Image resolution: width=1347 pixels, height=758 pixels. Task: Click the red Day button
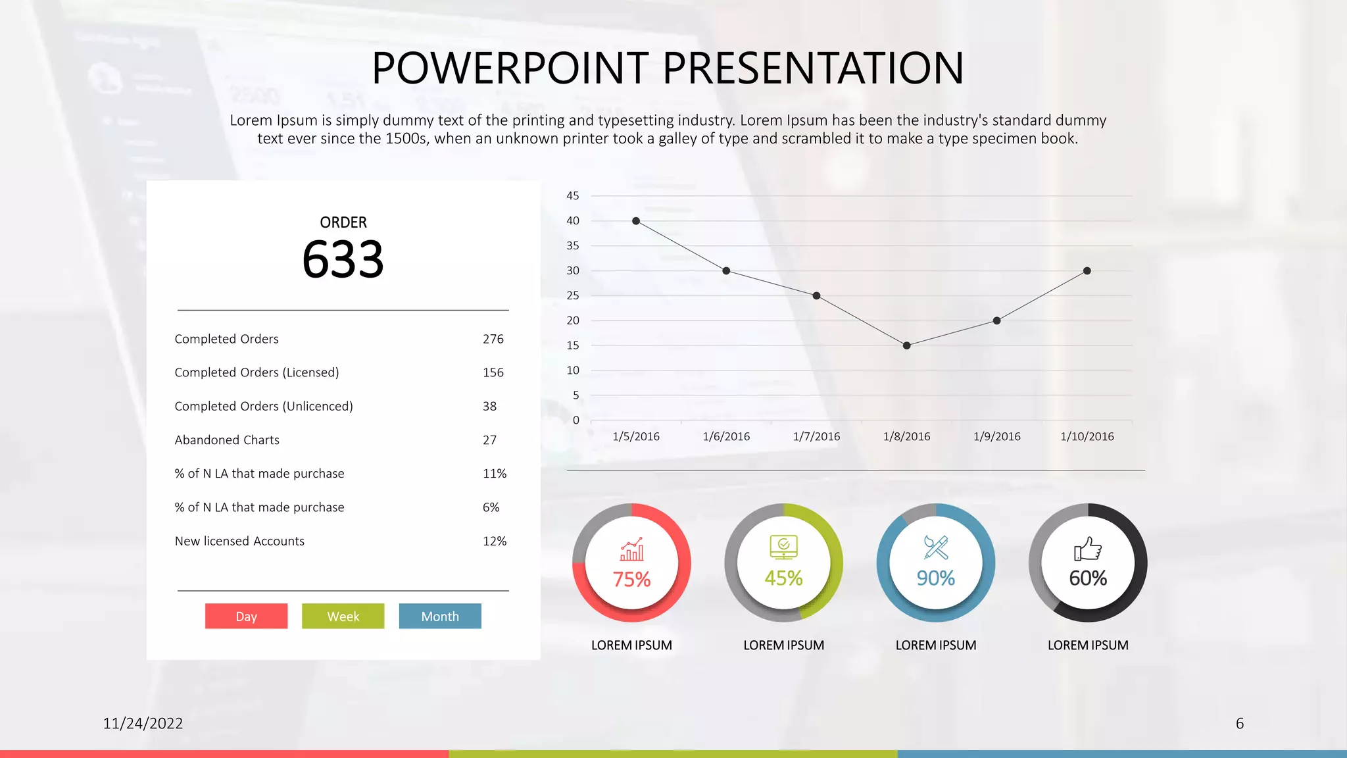click(246, 616)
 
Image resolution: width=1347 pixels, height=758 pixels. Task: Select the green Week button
click(343, 616)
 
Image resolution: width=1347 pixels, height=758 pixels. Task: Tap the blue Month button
click(440, 616)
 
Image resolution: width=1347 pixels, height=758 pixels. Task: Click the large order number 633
click(343, 259)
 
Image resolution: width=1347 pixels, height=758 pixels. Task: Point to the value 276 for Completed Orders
click(493, 339)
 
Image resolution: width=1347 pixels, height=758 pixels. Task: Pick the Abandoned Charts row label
click(227, 440)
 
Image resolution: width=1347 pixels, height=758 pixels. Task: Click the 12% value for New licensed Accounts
click(494, 541)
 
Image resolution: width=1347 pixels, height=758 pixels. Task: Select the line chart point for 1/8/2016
click(906, 345)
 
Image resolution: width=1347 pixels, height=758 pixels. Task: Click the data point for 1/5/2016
click(636, 221)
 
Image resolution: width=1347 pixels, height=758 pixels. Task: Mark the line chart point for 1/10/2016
click(1087, 271)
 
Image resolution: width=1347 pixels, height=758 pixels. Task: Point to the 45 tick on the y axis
click(573, 195)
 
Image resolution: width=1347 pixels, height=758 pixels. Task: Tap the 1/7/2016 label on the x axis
click(816, 436)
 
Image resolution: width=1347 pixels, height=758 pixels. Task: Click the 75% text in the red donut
click(631, 579)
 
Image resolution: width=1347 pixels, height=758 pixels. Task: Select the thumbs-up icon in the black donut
click(1088, 548)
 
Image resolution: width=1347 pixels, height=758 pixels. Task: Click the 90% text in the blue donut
click(935, 578)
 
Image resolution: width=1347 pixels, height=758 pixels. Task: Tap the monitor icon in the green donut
click(783, 547)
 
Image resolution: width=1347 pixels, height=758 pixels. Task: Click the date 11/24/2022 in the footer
click(143, 723)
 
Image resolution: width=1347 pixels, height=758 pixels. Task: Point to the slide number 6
click(1240, 723)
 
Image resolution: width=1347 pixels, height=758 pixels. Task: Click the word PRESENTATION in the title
click(813, 68)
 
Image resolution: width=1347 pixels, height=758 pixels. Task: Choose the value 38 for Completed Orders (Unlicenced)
click(489, 406)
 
